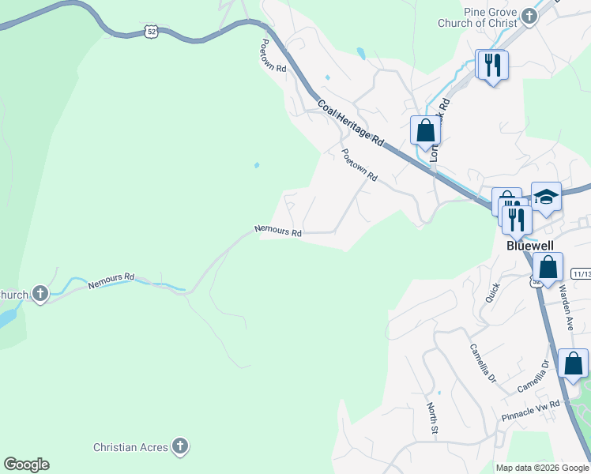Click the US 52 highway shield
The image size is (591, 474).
pos(152,31)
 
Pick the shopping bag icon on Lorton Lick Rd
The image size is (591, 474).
pos(425,130)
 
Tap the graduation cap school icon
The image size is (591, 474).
pos(546,196)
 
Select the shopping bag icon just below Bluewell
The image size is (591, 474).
pos(547,267)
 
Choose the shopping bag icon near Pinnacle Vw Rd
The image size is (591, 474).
pos(573,364)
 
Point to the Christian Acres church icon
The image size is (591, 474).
pos(180,447)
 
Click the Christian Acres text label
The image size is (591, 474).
pos(130,447)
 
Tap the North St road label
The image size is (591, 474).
pos(432,419)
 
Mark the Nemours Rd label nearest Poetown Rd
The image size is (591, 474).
pos(278,232)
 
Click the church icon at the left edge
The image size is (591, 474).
pos(40,295)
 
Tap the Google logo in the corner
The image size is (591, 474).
pos(26,465)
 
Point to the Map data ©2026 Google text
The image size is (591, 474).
pos(541,468)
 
